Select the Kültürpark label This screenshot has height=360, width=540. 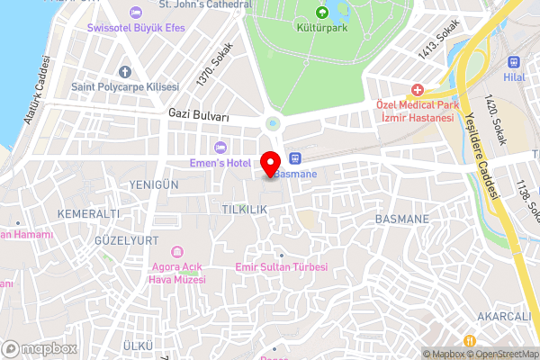tap(322, 28)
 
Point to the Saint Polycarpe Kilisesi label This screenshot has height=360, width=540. tap(125, 86)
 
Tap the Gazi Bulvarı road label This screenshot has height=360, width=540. tap(199, 116)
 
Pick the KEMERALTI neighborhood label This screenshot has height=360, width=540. tap(88, 213)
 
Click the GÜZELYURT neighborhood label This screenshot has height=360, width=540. tap(126, 240)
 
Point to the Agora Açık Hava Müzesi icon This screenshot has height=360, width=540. tap(176, 251)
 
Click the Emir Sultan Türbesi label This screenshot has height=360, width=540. tap(281, 267)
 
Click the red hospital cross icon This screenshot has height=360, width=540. tap(417, 90)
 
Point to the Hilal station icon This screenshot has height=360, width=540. tap(515, 63)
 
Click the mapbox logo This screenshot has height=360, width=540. tap(39, 348)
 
